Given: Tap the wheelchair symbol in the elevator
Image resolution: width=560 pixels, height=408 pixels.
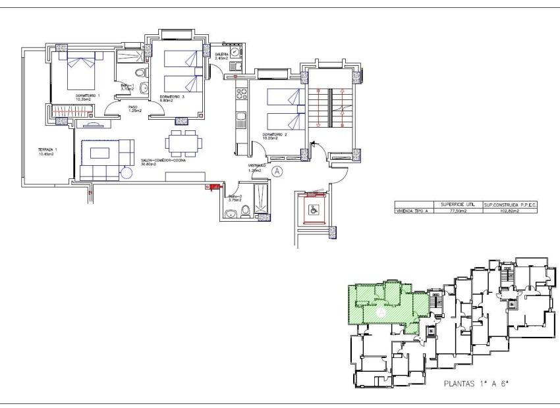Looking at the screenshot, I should pyautogui.click(x=314, y=211).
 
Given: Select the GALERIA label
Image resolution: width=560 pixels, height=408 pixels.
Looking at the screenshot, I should pyautogui.click(x=221, y=54).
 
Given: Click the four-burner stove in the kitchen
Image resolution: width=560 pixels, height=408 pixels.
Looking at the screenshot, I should pyautogui.click(x=240, y=93).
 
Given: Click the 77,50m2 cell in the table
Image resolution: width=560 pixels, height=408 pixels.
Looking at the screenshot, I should pyautogui.click(x=458, y=212).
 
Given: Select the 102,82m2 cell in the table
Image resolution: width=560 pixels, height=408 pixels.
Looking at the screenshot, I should pyautogui.click(x=511, y=212).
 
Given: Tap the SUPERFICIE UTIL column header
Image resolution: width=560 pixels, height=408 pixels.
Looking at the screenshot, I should pyautogui.click(x=458, y=205).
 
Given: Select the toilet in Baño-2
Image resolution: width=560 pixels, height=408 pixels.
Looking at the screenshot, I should pyautogui.click(x=245, y=210).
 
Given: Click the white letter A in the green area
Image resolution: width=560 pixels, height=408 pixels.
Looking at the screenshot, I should pyautogui.click(x=380, y=315).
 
